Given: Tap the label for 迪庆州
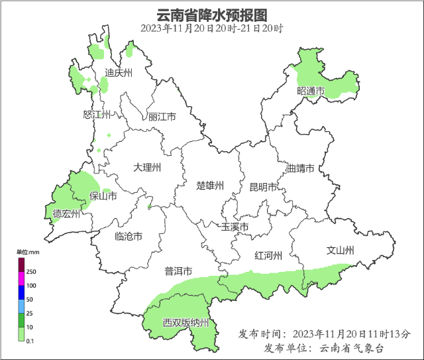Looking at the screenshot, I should pos(119,73).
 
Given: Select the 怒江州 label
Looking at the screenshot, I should pos(96,115).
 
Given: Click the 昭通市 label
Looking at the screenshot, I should pos(311,91).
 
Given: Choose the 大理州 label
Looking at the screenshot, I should pos(147,168).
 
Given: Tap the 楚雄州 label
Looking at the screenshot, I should pos(211,185).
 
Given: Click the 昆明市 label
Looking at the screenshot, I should pos(262,188).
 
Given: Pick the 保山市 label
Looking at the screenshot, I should pos(103,196).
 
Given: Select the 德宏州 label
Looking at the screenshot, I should pos(66,214).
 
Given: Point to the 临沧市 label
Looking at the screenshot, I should pos(129,237).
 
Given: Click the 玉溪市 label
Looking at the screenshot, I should pos(235,227).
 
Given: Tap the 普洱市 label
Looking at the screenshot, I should pos(178,271).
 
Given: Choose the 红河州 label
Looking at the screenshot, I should pos(269,256).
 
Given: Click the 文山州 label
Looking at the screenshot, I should pos(341,251).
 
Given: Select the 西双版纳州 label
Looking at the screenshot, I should pos(186,324).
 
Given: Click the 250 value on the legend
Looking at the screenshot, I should pos(30,272).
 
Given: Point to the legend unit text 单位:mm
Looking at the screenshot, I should pos(28,252).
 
